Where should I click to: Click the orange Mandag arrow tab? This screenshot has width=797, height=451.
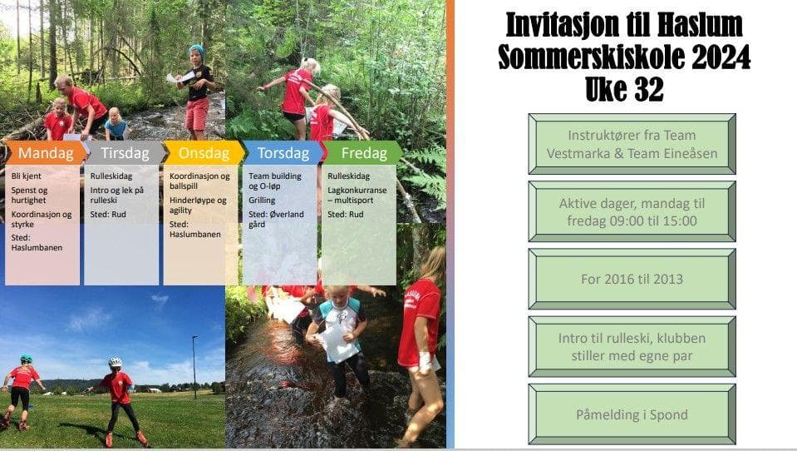[46, 153]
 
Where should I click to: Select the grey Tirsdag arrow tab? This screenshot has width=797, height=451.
[125, 153]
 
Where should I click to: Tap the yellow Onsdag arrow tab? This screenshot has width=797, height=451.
[204, 153]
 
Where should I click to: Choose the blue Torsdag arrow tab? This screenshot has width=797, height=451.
[283, 153]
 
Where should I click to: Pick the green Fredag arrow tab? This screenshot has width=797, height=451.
[362, 153]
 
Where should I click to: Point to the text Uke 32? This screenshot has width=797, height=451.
[624, 89]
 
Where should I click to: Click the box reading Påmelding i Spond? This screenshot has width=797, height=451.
[632, 414]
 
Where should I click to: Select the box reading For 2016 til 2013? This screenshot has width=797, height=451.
[632, 279]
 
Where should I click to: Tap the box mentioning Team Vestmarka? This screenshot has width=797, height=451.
[632, 144]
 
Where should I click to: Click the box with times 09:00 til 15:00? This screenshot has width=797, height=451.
[632, 211]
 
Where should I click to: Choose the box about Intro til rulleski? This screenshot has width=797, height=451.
[632, 347]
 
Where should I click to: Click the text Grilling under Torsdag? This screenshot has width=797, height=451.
[262, 201]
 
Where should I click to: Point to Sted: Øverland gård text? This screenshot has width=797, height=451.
[276, 219]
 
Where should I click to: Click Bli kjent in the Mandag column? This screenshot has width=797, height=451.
[27, 176]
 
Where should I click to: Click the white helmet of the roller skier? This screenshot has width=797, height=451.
[116, 362]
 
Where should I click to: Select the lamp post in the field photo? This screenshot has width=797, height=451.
[194, 366]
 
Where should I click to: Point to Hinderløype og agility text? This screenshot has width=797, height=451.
[198, 206]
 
